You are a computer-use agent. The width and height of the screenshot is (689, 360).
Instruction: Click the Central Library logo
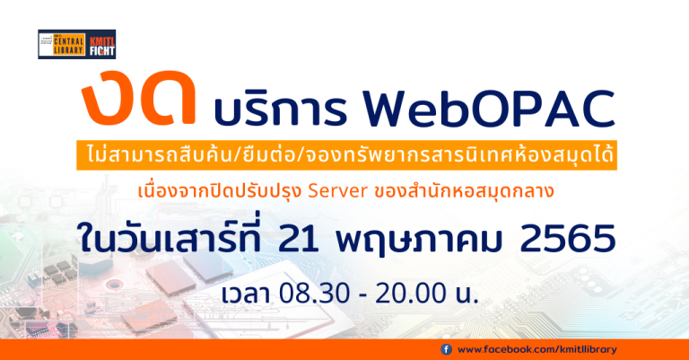point(60,44)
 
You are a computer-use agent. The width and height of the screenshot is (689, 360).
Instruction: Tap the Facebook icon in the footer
point(446,349)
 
